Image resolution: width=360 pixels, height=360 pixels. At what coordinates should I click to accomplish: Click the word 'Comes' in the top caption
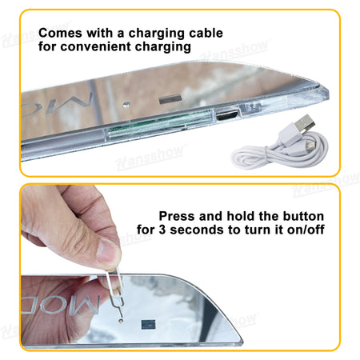click(x=60, y=33)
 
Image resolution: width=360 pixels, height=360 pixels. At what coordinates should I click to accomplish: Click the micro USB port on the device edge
click(x=226, y=115)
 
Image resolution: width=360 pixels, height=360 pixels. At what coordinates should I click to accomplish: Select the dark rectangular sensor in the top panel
click(x=170, y=99)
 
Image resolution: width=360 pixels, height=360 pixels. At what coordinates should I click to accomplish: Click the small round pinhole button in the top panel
click(x=126, y=104)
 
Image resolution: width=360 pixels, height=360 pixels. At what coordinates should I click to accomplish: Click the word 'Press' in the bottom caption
click(x=177, y=216)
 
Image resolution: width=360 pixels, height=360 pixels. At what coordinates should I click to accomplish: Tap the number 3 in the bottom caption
click(x=162, y=230)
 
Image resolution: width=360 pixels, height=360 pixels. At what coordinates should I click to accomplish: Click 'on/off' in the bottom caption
click(x=306, y=230)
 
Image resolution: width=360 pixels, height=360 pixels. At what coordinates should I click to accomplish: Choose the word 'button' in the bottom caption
click(x=303, y=216)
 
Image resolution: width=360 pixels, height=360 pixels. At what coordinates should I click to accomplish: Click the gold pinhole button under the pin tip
click(x=122, y=322)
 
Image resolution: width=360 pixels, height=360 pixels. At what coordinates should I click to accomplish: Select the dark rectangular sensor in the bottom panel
click(x=148, y=324)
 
